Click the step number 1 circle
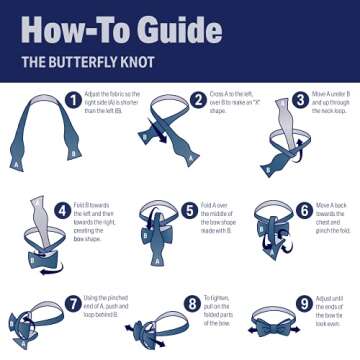tap(73, 99)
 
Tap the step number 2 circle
tap(198, 99)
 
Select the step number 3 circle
tap(299, 100)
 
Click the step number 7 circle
tap(73, 301)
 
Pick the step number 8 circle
tap(192, 302)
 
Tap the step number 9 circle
tap(304, 302)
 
